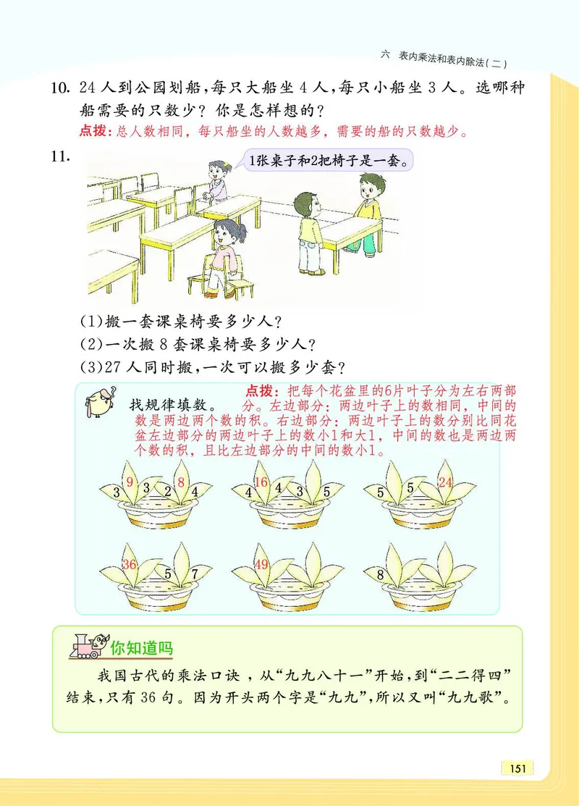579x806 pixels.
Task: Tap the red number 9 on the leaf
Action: click(130, 482)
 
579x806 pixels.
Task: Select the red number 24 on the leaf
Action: click(446, 483)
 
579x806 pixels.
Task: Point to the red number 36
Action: click(130, 565)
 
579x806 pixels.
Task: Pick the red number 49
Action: click(262, 565)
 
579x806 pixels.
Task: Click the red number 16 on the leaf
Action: click(262, 483)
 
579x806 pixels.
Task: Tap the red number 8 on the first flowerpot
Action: click(181, 483)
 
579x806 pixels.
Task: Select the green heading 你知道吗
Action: click(142, 645)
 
